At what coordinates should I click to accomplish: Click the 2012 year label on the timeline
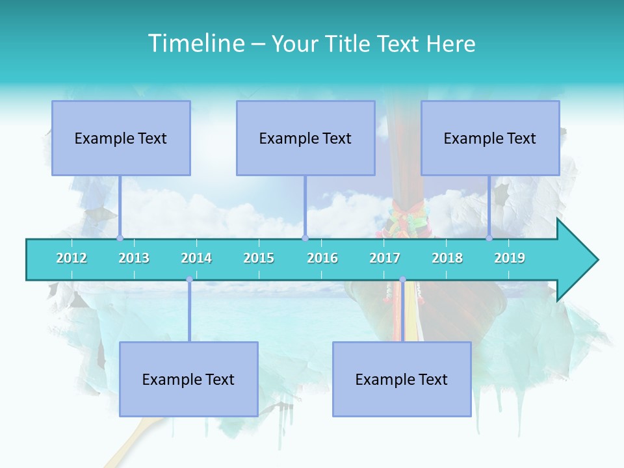coord(71,258)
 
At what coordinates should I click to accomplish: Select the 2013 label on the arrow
coord(134,258)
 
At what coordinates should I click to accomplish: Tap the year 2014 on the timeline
coord(196,258)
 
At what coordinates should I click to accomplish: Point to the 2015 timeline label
coord(259,258)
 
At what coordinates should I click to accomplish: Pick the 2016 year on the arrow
coord(322,258)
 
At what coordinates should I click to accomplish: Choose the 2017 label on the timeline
coord(385,258)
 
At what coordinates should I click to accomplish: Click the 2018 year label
coord(447,258)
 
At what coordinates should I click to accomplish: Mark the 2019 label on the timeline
coord(510,258)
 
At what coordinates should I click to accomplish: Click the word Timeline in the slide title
coord(196,44)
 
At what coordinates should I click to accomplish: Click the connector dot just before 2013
coord(120,238)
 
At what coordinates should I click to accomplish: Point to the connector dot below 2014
coord(189,279)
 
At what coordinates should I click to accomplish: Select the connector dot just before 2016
coord(305,238)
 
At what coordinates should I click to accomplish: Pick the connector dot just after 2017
coord(402,279)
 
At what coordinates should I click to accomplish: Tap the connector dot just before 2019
coord(489,238)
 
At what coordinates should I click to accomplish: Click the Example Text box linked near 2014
coord(188,379)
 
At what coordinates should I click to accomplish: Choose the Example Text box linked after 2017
coord(402,379)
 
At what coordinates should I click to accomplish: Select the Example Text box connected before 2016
coord(305,138)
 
